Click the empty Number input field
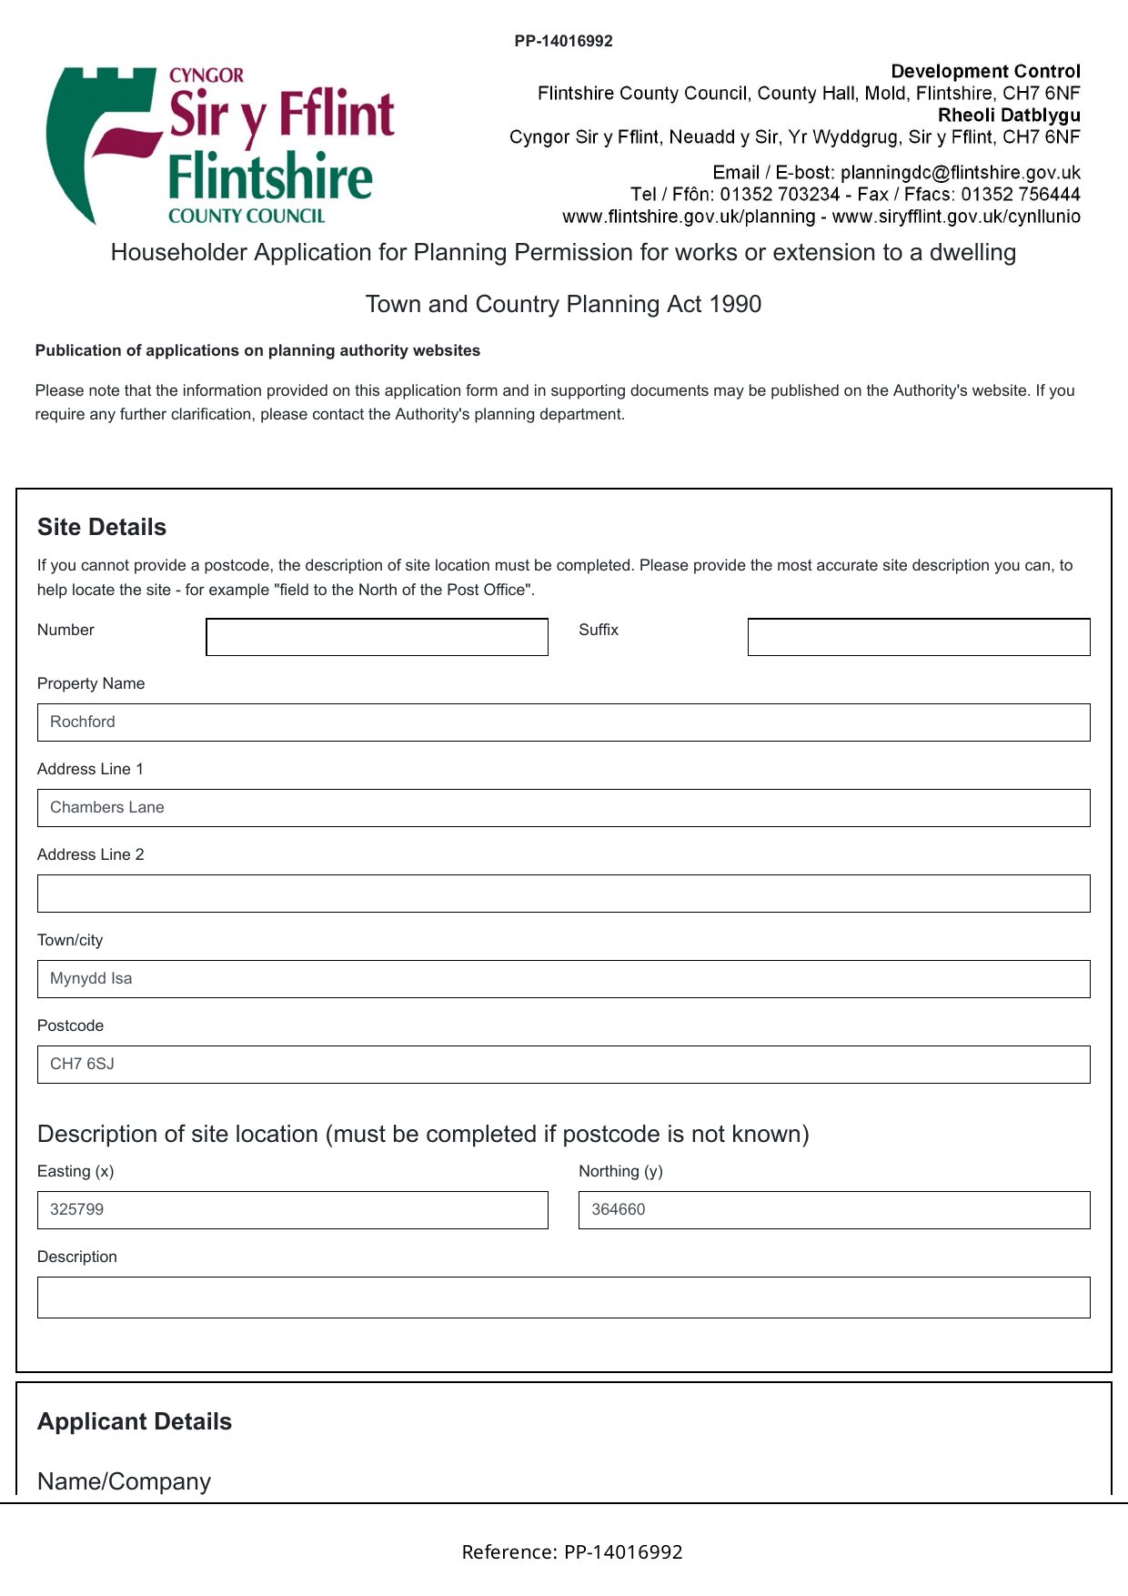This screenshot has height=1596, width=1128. coord(377,637)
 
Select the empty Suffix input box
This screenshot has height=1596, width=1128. coord(919,637)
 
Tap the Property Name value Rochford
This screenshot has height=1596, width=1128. coord(83,722)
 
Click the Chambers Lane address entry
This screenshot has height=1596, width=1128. coord(107,808)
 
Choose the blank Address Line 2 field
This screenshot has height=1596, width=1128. coord(563,894)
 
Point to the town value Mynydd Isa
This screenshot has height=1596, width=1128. coord(91,979)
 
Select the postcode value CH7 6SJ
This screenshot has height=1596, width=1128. coord(82,1065)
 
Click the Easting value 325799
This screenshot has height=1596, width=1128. coord(76,1210)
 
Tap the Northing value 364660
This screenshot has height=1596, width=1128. coord(619,1210)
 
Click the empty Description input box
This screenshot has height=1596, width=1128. coord(563,1298)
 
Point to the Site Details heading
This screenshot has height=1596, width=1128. coord(102,528)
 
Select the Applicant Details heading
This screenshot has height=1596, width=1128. coord(135,1422)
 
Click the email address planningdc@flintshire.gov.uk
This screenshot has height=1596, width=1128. coord(961,173)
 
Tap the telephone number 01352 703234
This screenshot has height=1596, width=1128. coord(780,195)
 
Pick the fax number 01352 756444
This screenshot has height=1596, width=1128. coord(1021,195)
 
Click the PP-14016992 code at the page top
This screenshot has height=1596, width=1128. coord(563,41)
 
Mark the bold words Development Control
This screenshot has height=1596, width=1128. coord(985,71)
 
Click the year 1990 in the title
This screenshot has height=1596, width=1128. coord(737,305)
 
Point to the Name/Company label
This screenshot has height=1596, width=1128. coord(124,1482)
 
